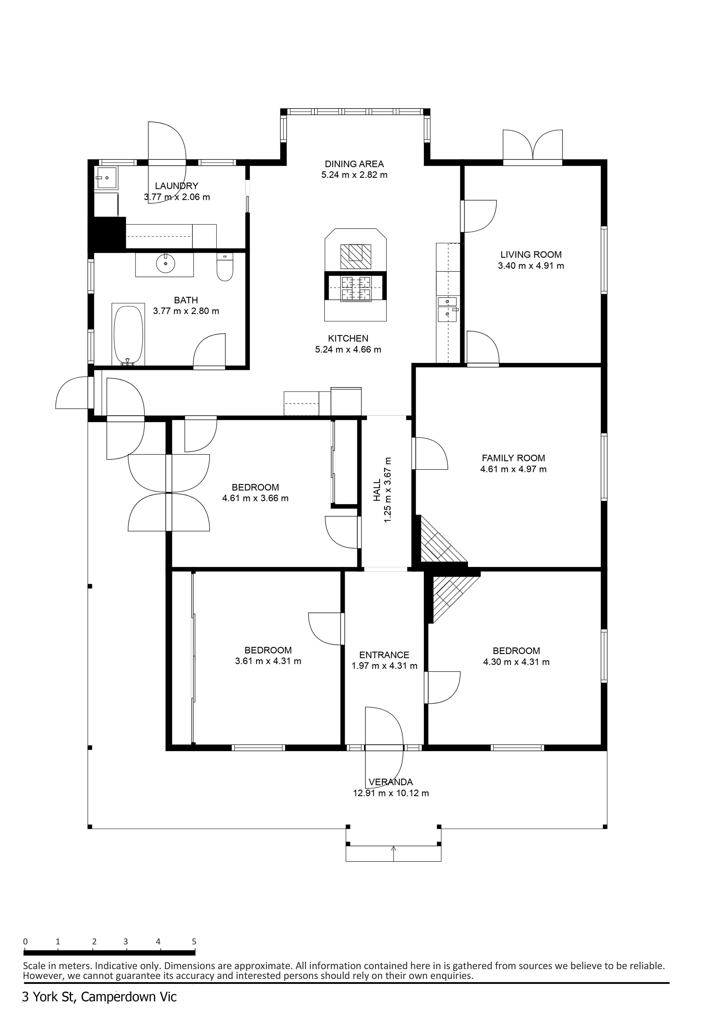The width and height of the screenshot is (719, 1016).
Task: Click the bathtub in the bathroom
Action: (x=128, y=335)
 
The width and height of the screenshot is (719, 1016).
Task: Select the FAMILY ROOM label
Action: (x=514, y=458)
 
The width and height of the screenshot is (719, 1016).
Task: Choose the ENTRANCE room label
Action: (x=384, y=655)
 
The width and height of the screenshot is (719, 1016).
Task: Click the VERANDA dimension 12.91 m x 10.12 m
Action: (x=391, y=793)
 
